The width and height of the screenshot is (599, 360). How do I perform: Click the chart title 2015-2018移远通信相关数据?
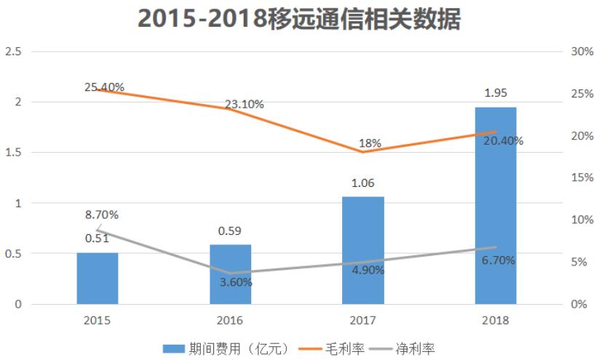[x=299, y=20]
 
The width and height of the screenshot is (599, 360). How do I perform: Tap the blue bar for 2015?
[x=97, y=279]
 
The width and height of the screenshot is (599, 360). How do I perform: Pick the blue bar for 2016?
[x=230, y=274]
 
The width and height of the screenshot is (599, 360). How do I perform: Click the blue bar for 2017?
[x=362, y=250]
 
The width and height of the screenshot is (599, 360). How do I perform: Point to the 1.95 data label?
[x=496, y=93]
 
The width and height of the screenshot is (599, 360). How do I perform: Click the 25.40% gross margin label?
[x=104, y=87]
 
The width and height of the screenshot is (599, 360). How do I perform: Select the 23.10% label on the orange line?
[x=244, y=104]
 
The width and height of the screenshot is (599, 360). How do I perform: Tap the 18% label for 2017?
[x=370, y=143]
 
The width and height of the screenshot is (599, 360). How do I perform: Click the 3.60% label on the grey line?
[x=236, y=282]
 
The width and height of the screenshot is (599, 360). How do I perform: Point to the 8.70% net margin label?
[x=101, y=215]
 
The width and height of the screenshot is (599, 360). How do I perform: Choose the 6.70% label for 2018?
[x=499, y=260]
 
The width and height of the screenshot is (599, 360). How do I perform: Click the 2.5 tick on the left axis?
[x=12, y=52]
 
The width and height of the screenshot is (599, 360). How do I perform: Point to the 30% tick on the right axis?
[x=579, y=52]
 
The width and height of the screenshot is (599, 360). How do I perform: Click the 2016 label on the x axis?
[x=230, y=320]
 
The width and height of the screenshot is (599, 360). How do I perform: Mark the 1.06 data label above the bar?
[x=362, y=183]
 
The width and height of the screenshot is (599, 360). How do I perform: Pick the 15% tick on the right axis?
[x=579, y=177]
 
